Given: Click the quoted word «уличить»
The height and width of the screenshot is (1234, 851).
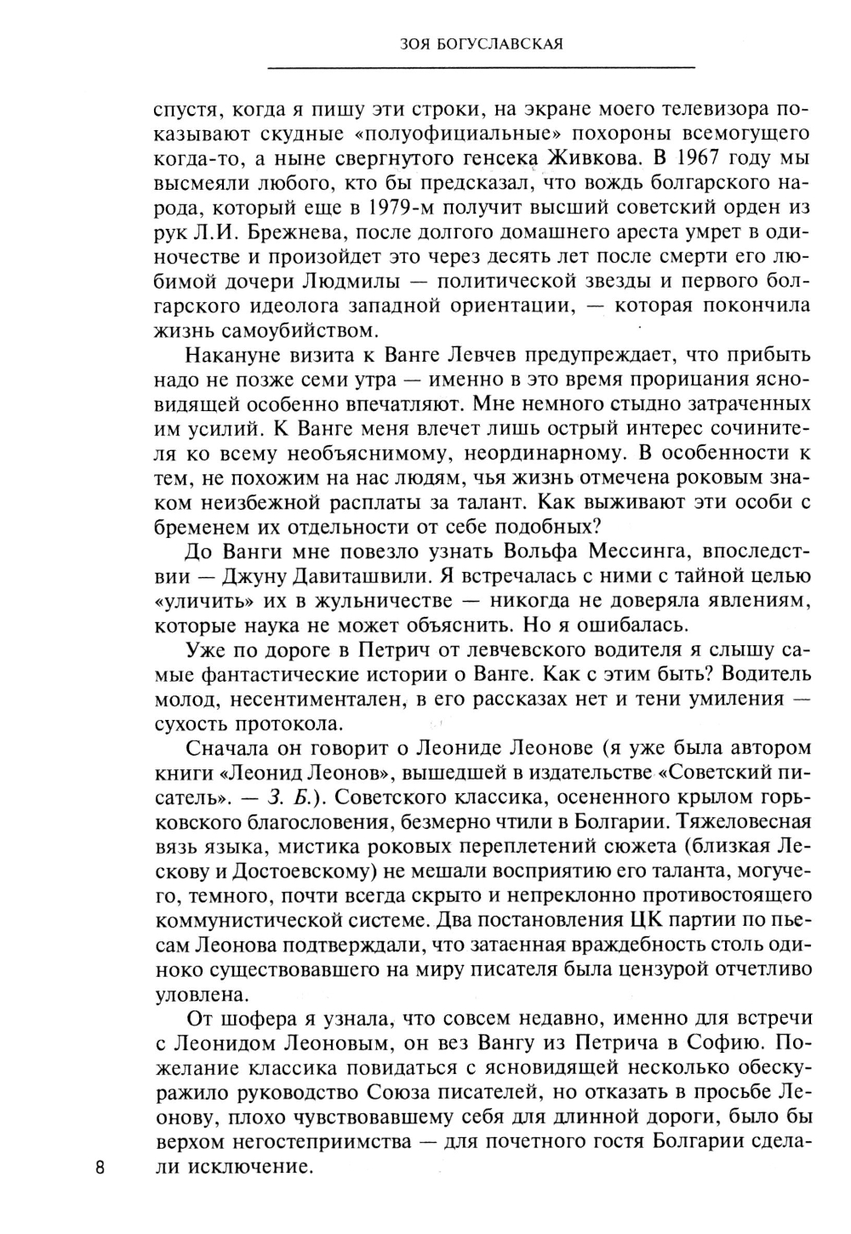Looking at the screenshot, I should pos(201,600).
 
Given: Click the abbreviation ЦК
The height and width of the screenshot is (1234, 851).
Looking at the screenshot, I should pos(648,920).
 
